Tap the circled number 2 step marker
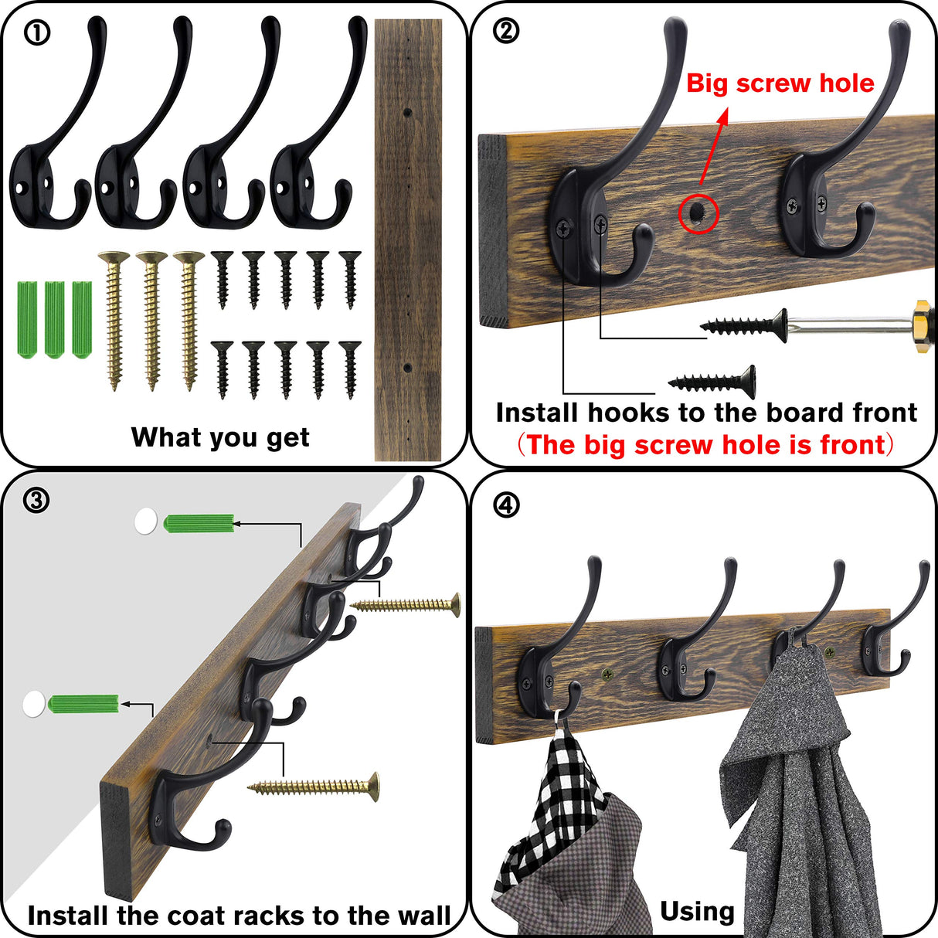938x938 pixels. (x=506, y=31)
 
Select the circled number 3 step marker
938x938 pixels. (x=36, y=501)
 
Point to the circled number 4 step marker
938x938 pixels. (x=506, y=505)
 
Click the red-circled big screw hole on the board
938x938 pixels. (x=698, y=213)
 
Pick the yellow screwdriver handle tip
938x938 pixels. (x=924, y=321)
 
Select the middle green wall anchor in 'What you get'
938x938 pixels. (x=54, y=320)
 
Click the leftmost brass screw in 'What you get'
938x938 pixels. (x=114, y=318)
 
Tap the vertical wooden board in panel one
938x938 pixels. (x=408, y=240)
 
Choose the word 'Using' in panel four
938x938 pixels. (x=697, y=912)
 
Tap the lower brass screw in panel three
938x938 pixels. (x=314, y=787)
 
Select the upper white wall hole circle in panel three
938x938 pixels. (x=145, y=522)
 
